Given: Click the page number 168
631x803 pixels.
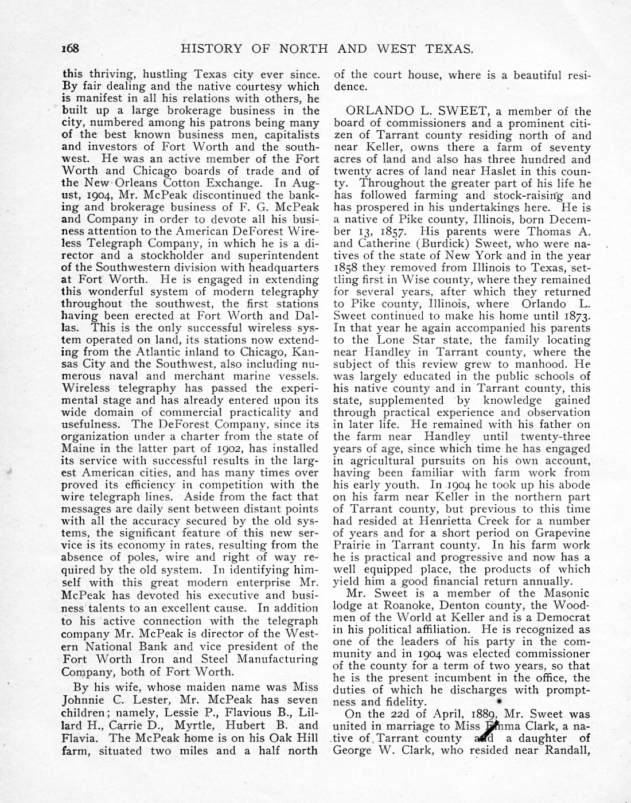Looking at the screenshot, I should point(71,49).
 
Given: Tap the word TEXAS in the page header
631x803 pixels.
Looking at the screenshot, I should point(449,49).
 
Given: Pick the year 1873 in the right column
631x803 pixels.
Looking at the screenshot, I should point(575,316).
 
